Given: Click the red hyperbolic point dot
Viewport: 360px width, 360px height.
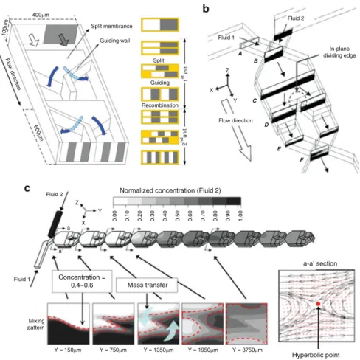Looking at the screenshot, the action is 318,304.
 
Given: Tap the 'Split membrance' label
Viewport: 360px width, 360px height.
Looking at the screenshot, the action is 111,26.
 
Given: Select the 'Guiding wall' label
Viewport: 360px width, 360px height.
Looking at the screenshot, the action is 115,41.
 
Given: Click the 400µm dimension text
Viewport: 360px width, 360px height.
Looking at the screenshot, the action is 41,15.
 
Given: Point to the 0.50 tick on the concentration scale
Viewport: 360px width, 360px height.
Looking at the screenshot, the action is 178,215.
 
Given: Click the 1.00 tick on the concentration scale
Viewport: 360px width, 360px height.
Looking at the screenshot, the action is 240,215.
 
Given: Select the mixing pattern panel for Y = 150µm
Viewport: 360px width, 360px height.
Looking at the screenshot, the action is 69,324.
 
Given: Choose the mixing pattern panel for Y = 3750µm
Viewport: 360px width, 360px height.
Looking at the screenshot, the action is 246,324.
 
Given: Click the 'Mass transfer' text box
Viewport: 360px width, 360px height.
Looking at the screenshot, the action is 147,285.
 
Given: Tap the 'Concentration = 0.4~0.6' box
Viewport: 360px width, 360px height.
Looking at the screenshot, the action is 82,281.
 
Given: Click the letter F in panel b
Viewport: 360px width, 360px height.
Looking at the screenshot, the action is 302,160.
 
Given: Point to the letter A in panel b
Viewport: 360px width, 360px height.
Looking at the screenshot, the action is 240,53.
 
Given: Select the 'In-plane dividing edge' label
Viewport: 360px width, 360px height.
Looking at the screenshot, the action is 339,52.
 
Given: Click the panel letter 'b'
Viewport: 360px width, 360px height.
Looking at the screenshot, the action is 206,9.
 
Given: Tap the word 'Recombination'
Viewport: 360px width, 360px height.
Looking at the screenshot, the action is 160,105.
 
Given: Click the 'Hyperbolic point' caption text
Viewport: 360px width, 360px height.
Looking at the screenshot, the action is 316,355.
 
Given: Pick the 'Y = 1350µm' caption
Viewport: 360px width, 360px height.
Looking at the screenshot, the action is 159,350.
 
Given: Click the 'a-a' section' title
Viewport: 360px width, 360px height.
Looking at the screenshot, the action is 320,263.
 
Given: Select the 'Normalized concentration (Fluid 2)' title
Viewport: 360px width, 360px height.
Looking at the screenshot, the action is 170,190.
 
